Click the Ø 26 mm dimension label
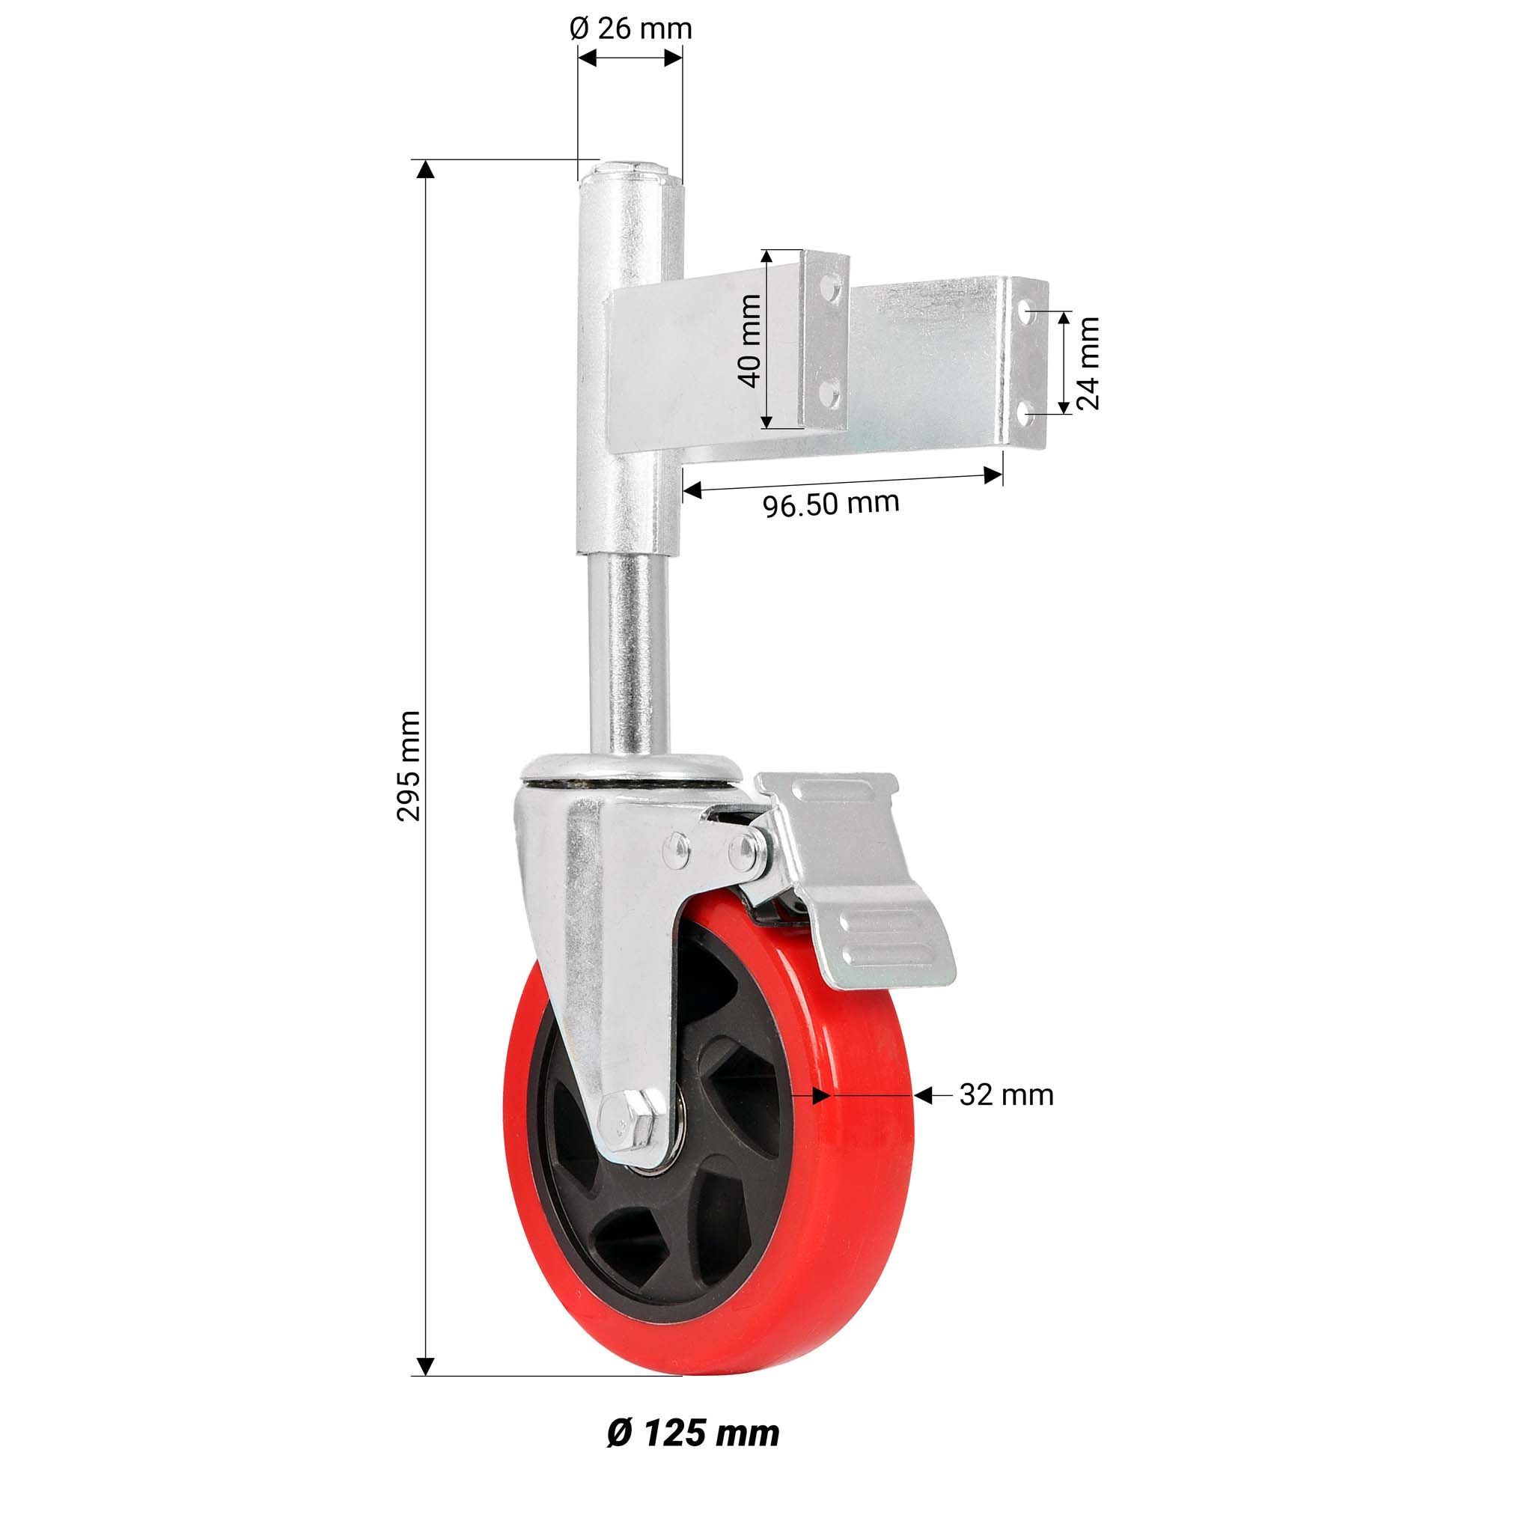click(631, 28)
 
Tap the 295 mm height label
click(409, 765)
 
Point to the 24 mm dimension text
click(1088, 362)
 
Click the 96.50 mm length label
click(832, 503)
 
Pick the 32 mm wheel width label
click(1006, 1096)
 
